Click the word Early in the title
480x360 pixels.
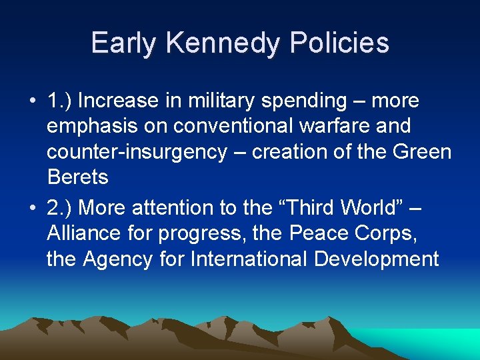[125, 43]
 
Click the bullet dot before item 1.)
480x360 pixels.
[32, 101]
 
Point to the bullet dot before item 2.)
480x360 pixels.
[32, 208]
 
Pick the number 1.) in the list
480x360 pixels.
[60, 101]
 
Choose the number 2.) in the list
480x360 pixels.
[60, 208]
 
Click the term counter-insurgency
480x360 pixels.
[137, 152]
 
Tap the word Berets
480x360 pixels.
[77, 177]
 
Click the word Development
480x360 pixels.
[377, 259]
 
